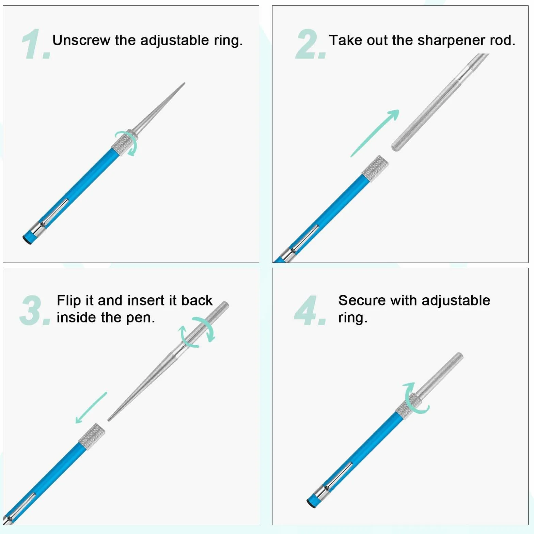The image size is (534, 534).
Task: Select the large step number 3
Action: click(x=35, y=310)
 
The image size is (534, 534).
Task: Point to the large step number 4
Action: click(x=310, y=310)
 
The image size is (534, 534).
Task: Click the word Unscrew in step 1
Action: click(x=81, y=40)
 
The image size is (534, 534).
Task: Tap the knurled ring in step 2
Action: click(x=375, y=169)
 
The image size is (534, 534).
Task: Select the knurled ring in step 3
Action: click(x=92, y=437)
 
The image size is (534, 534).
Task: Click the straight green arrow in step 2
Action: click(x=375, y=133)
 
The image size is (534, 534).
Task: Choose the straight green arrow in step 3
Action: click(x=91, y=408)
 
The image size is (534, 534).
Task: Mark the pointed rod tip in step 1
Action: click(x=184, y=83)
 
